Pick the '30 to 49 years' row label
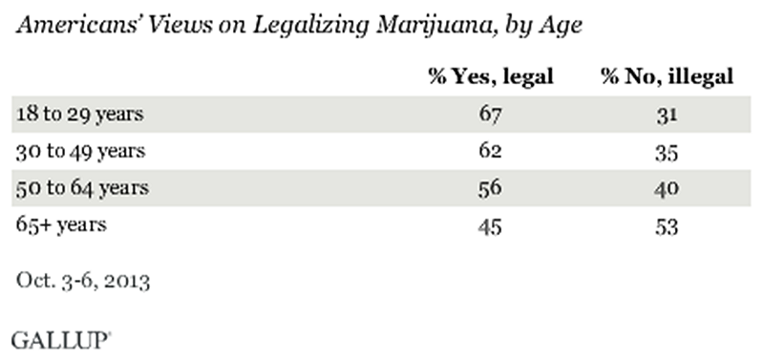coord(79,150)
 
